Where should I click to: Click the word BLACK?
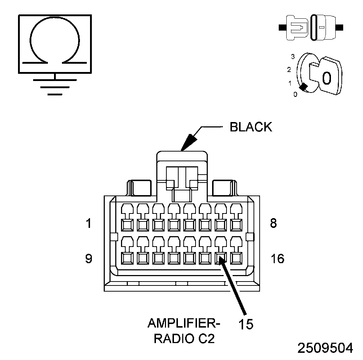tap(251, 127)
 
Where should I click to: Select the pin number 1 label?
tap(89, 224)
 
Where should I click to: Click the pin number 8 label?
tap(273, 224)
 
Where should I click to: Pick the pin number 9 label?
tap(89, 258)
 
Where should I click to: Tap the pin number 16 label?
tap(277, 258)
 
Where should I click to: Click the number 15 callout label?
tap(246, 324)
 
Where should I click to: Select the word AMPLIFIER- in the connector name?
tap(184, 323)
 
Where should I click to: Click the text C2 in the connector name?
tap(206, 339)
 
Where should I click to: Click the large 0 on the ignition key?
tap(326, 78)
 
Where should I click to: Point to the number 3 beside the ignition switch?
tap(293, 57)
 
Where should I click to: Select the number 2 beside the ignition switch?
tap(289, 69)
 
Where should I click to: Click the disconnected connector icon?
tap(311, 27)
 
